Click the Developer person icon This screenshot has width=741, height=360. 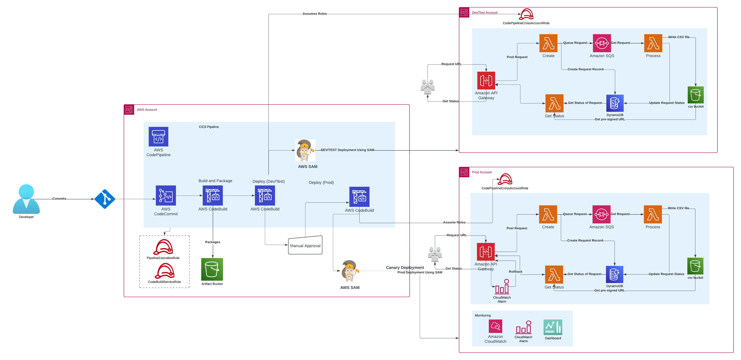(x=26, y=199)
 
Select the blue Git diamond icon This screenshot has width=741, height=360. (x=105, y=199)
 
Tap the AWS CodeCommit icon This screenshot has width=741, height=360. (x=166, y=196)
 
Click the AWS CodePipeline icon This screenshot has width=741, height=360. (x=158, y=137)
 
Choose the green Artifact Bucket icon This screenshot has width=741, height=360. (x=212, y=269)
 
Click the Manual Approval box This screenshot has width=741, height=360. (x=305, y=245)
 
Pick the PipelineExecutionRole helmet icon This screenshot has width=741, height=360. (x=163, y=247)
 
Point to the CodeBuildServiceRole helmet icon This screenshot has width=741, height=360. (x=165, y=271)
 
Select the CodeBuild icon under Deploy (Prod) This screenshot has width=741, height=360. (x=359, y=197)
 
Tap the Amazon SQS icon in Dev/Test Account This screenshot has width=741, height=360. (x=602, y=43)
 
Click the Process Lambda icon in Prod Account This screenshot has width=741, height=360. (x=653, y=214)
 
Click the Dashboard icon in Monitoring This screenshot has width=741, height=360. (x=553, y=327)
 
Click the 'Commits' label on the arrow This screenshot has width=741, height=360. (x=59, y=199)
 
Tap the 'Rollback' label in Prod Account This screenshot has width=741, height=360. (x=515, y=271)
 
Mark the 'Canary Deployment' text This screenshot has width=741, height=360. (x=405, y=267)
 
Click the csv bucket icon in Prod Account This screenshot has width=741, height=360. (x=695, y=266)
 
